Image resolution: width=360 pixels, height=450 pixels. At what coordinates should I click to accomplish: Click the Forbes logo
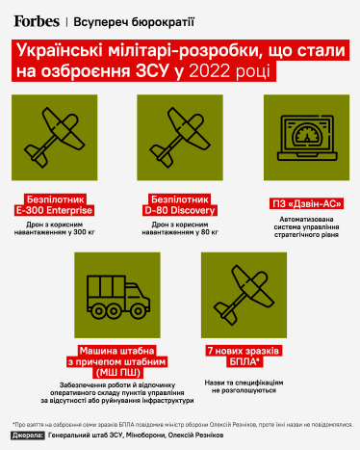tap(35, 18)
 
